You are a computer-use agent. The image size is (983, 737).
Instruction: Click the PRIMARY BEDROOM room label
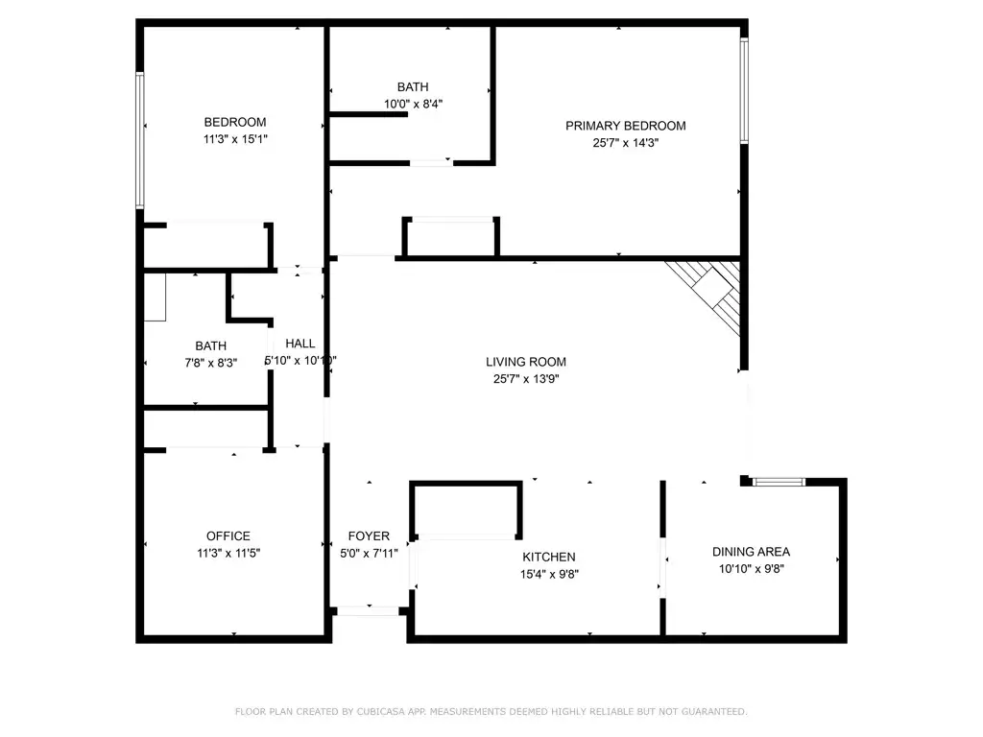(x=625, y=126)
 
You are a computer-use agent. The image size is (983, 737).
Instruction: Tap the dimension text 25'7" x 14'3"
(x=625, y=143)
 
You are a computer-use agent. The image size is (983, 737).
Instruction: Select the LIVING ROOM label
(x=525, y=362)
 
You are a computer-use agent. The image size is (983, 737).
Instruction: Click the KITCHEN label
(x=548, y=557)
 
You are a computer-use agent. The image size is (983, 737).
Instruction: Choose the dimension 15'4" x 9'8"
(x=548, y=574)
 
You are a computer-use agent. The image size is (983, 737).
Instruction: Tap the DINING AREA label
(x=751, y=551)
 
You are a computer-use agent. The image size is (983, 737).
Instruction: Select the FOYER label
(x=369, y=535)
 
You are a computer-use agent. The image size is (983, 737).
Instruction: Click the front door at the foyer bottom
(x=369, y=609)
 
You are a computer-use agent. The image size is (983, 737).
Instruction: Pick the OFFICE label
(x=228, y=535)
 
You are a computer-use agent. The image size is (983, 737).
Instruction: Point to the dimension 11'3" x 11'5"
(x=228, y=553)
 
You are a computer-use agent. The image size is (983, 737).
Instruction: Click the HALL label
(x=300, y=344)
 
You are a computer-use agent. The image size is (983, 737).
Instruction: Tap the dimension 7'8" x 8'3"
(x=210, y=362)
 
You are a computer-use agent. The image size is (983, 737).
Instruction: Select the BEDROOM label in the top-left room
(x=234, y=122)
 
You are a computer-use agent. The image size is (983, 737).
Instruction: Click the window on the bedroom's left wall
(x=140, y=140)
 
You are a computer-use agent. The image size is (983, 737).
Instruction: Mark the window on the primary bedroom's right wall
(x=743, y=91)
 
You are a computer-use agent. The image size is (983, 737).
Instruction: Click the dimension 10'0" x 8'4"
(x=413, y=104)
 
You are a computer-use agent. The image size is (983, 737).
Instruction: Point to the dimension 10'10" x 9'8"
(x=751, y=568)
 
